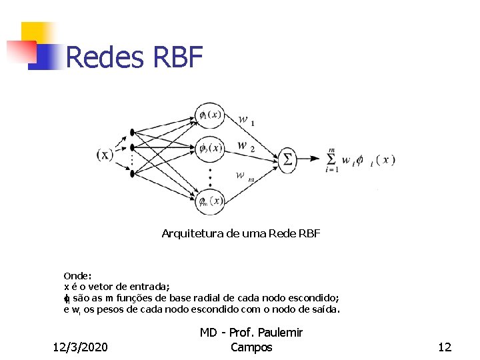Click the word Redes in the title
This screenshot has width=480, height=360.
point(105,57)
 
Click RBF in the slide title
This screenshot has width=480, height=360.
point(177,57)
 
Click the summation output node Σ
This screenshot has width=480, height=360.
point(287,159)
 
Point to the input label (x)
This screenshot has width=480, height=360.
point(105,155)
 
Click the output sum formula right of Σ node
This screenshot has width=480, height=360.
point(361,160)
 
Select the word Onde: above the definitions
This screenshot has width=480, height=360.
point(77,275)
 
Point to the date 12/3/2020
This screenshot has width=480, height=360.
point(81,347)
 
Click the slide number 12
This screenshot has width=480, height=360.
point(445,347)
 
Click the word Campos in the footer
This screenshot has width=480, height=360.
point(251,347)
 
